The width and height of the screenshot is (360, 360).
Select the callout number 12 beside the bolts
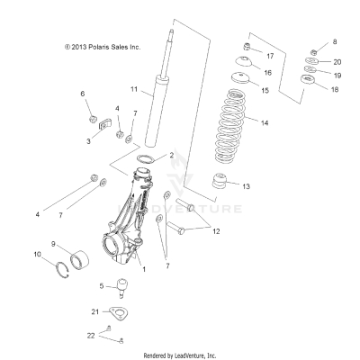coord(216,231)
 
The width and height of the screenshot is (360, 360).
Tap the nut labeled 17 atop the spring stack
coord(248,46)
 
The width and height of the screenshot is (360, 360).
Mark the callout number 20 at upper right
coord(337,61)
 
